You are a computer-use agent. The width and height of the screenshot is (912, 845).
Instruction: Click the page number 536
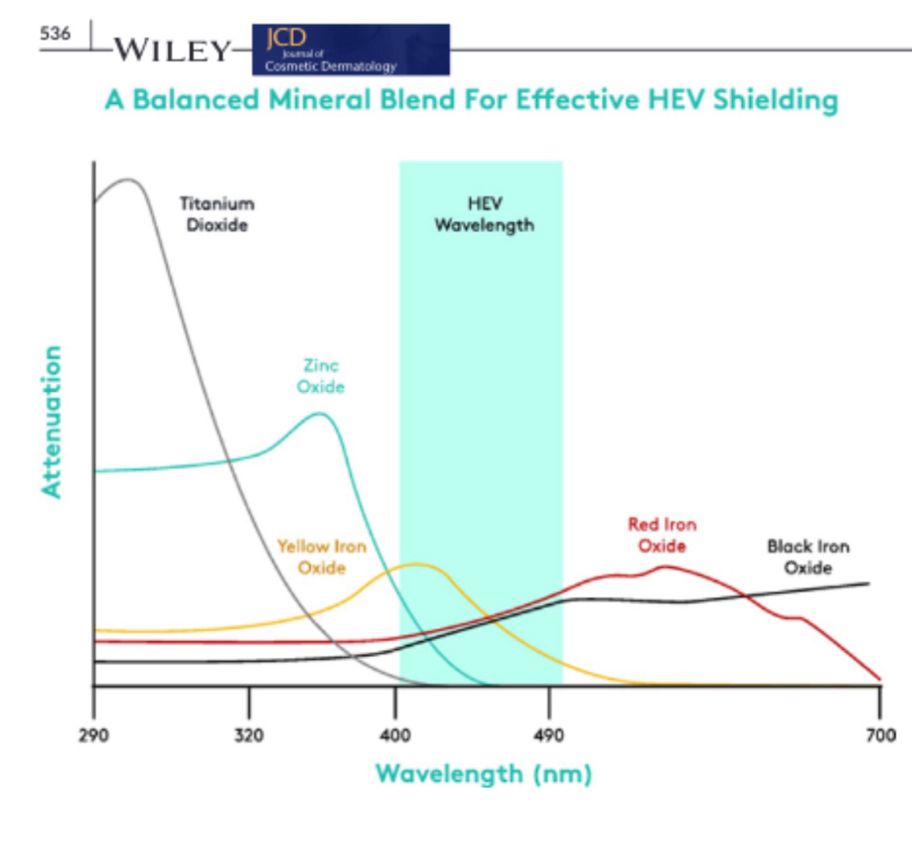tap(55, 34)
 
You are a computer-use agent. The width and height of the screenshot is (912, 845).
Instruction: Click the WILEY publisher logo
tap(172, 51)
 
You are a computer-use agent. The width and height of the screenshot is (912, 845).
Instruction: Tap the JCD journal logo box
tap(351, 50)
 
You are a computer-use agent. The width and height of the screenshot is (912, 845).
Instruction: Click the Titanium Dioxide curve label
tap(217, 215)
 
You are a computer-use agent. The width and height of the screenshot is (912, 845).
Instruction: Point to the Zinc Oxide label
tap(320, 376)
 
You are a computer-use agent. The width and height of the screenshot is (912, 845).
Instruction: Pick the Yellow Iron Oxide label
tap(322, 557)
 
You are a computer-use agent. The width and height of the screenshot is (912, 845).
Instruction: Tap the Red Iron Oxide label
tap(662, 535)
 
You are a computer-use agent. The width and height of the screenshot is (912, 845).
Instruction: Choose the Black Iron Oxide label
tap(808, 557)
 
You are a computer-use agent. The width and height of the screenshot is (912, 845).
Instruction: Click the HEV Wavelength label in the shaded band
tap(484, 215)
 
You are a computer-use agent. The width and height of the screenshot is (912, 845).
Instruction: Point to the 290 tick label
tap(94, 735)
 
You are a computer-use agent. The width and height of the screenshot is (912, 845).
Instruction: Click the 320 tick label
tap(249, 735)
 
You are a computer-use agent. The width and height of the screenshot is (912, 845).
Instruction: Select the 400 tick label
tap(395, 735)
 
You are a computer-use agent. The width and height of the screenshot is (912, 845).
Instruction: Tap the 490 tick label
tap(549, 735)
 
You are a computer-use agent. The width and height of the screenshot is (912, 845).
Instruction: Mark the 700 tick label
tap(881, 735)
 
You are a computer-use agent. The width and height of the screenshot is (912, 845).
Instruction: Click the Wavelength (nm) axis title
tap(483, 774)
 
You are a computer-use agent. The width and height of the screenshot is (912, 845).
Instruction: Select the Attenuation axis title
tap(51, 421)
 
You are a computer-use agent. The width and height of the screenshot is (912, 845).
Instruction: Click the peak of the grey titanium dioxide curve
tap(129, 179)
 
